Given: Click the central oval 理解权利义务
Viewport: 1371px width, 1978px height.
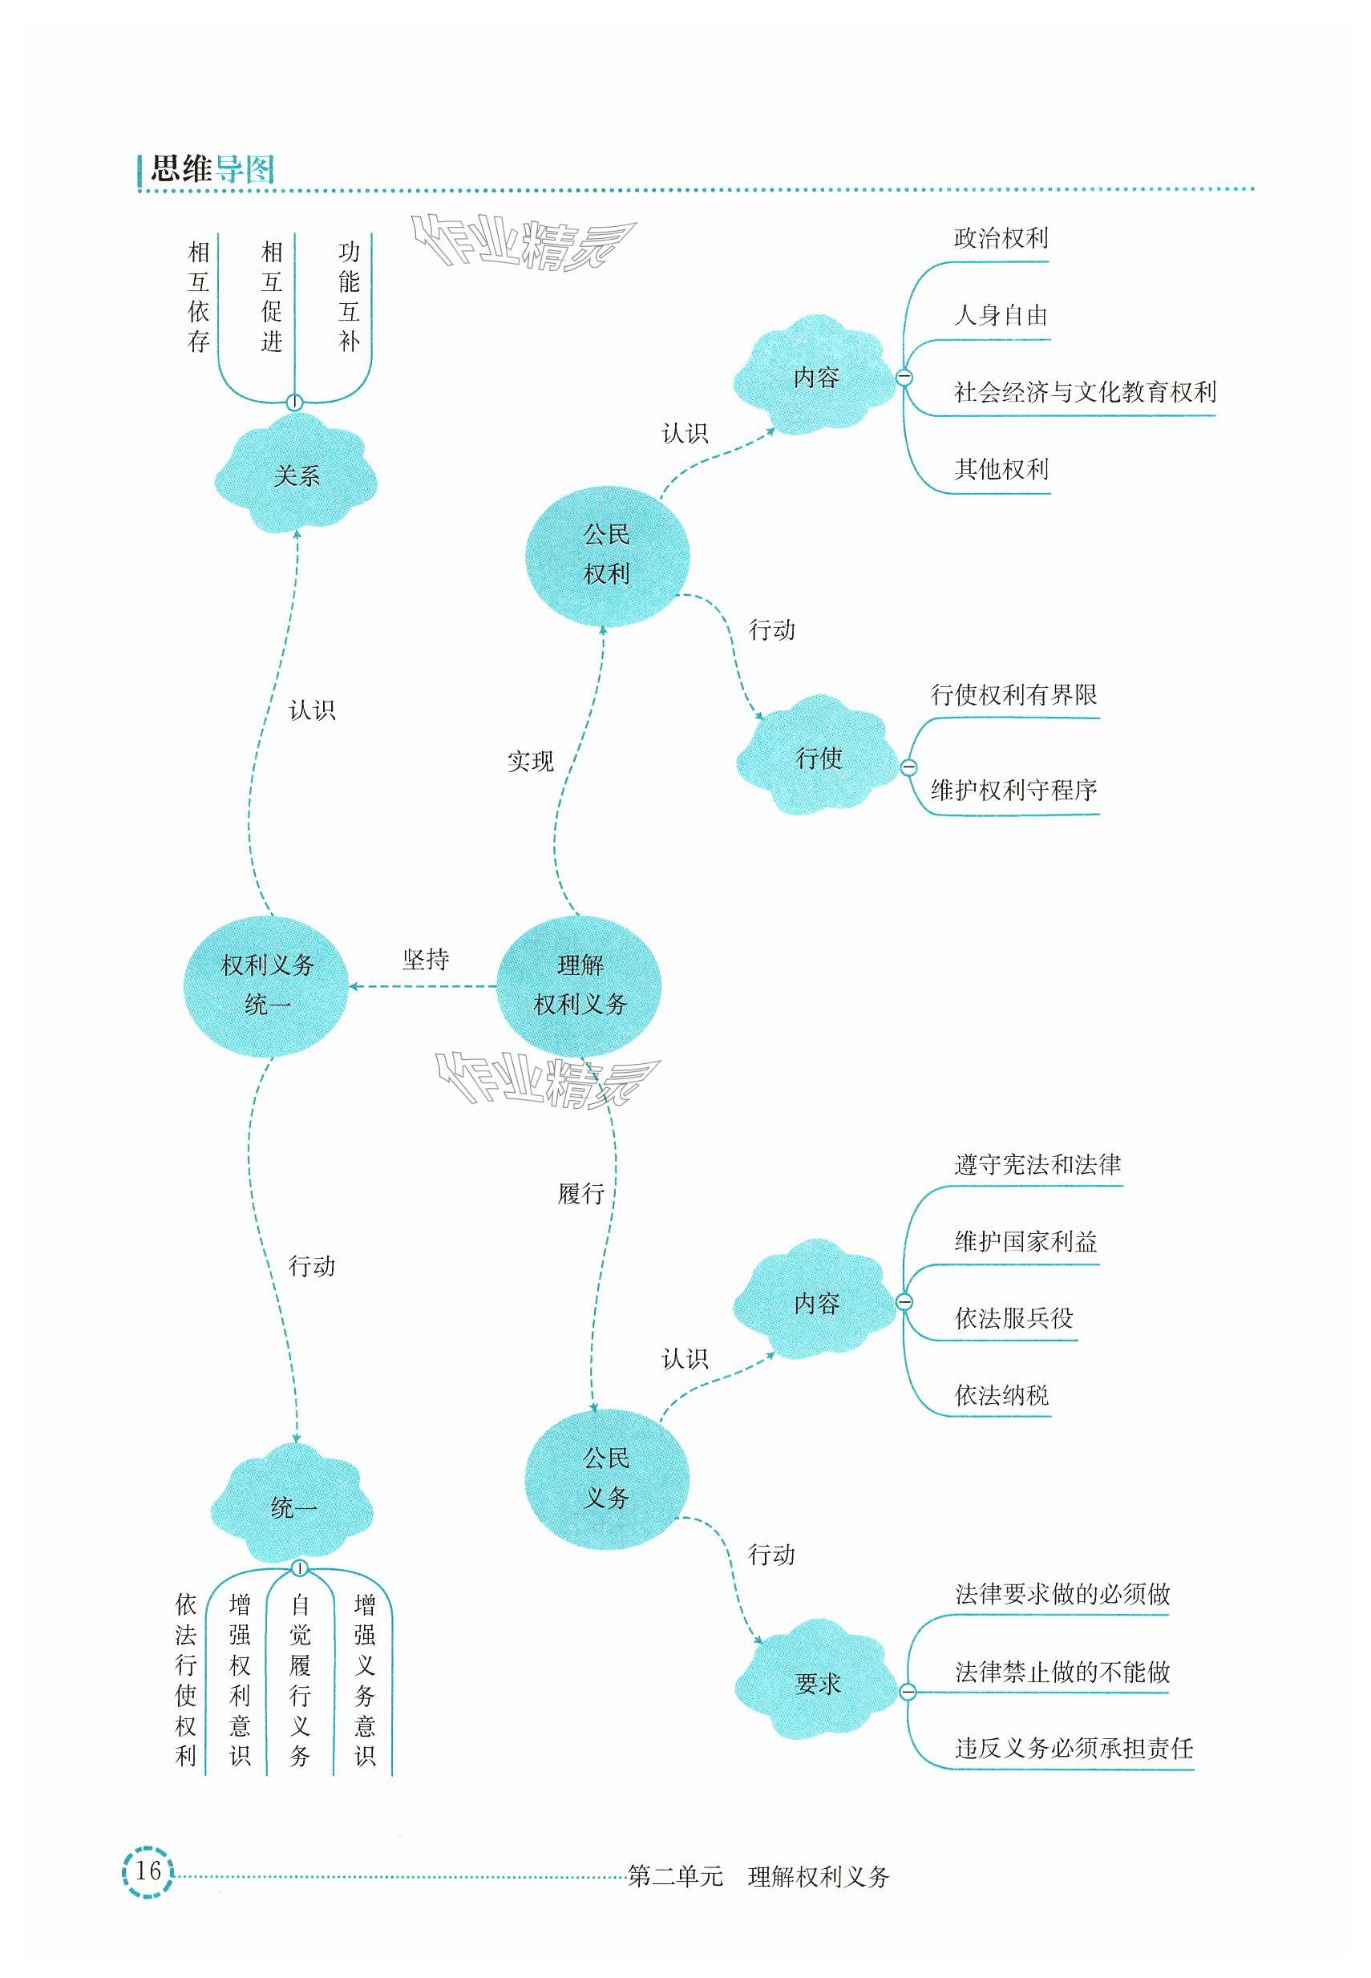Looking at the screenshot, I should [579, 985].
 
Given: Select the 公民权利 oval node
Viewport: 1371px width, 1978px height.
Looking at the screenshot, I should [606, 555].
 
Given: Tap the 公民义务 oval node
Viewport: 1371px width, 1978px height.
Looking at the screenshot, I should [606, 1478].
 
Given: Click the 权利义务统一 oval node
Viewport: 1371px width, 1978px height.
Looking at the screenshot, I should [266, 985].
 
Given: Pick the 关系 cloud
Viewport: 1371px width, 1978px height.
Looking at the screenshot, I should [296, 475].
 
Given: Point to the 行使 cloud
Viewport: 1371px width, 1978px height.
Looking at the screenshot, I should [818, 758].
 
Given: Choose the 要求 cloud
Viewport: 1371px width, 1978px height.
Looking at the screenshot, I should [817, 1684].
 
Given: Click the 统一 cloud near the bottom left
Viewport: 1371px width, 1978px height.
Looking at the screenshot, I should [293, 1507].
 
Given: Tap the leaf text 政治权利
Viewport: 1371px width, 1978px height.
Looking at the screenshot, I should [1001, 238].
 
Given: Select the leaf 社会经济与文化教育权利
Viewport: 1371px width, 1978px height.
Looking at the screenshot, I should [1084, 393].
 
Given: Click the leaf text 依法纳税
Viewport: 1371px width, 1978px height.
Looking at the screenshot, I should [1001, 1395].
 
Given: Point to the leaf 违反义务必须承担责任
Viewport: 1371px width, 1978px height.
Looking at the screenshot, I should [1074, 1748].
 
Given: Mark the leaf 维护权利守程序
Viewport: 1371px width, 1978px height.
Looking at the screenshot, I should [1013, 789].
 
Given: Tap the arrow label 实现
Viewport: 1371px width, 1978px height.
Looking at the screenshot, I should [530, 761].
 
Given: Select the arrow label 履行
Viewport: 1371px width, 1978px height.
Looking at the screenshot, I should [581, 1193].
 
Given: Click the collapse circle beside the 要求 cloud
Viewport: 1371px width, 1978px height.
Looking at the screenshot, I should [907, 1693].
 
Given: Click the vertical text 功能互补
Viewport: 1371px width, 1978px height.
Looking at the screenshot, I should [348, 297].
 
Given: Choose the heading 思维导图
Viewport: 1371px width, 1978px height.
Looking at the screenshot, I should [212, 168].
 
